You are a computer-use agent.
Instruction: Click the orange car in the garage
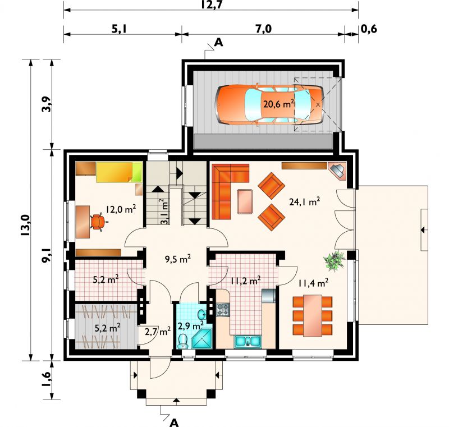(269, 104)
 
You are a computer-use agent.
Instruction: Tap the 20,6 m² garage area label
(278, 104)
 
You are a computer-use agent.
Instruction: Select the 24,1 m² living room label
(304, 201)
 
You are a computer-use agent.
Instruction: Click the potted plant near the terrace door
(334, 260)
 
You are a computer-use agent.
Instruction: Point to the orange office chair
(98, 222)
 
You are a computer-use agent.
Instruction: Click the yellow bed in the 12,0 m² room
(119, 172)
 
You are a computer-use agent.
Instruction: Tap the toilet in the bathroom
(182, 341)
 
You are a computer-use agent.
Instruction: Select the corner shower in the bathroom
(202, 339)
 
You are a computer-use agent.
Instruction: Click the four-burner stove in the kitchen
(223, 310)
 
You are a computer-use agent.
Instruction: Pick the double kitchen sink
(248, 341)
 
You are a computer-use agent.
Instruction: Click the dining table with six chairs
(313, 316)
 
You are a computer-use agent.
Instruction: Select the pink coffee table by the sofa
(245, 201)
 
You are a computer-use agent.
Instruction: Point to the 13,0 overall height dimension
(25, 225)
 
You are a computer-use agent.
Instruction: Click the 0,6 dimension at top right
(369, 29)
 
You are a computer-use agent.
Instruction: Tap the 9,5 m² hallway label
(178, 259)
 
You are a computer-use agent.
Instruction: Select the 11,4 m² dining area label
(313, 283)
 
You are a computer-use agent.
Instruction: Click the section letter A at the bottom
(174, 423)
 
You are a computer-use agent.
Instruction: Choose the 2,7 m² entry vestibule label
(158, 332)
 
